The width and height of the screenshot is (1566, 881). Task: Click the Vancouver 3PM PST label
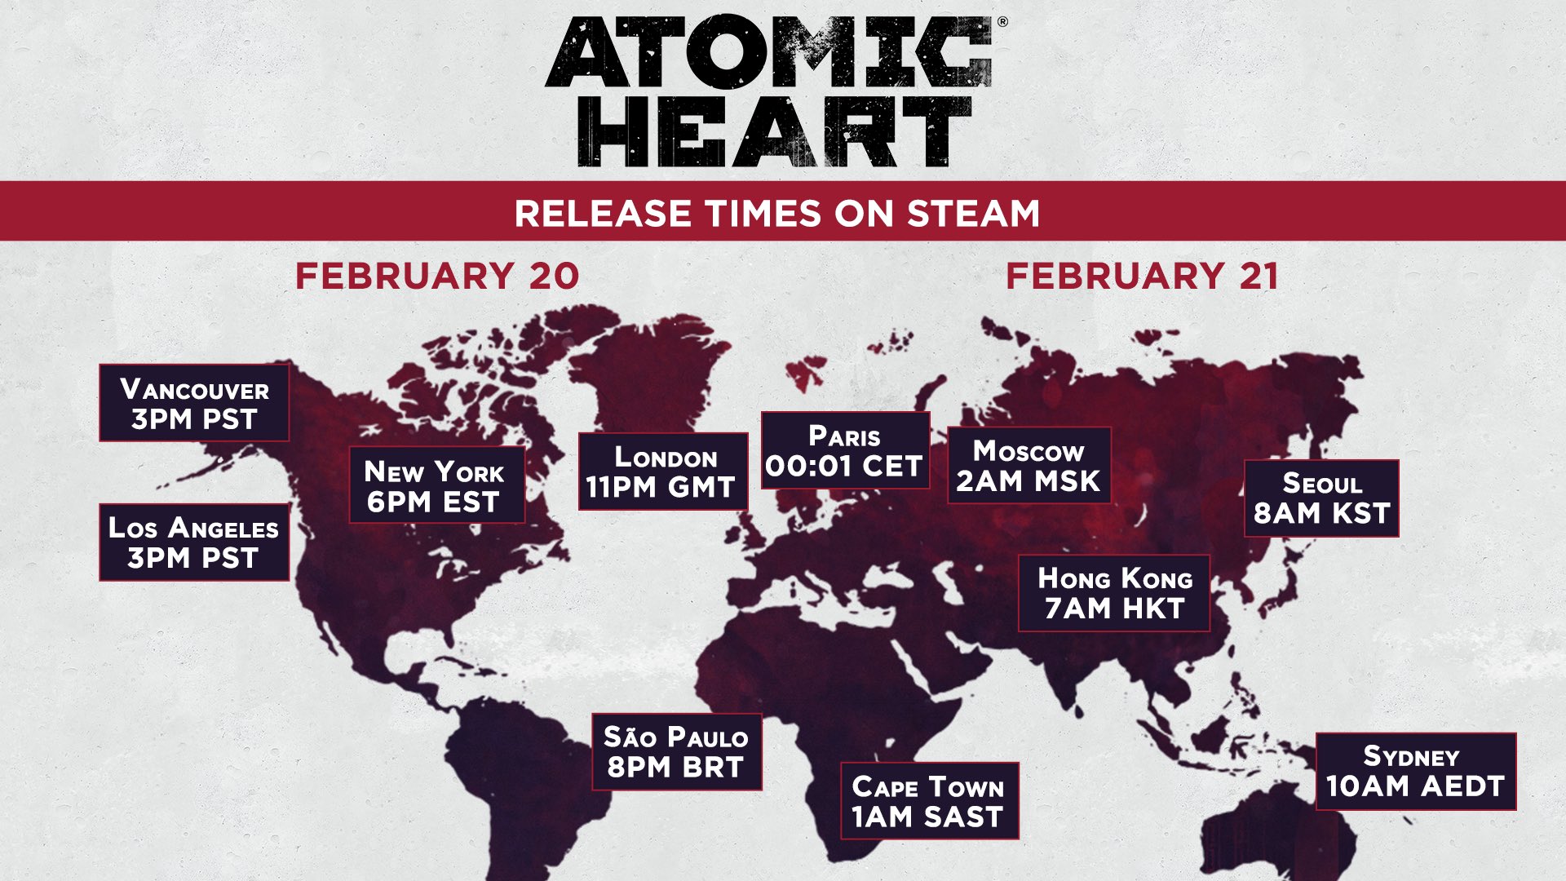(194, 403)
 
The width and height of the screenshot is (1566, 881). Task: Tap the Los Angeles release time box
(194, 542)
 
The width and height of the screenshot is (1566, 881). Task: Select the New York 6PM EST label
(436, 485)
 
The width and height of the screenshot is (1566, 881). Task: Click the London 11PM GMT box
(662, 471)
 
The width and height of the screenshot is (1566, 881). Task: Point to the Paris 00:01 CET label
(845, 450)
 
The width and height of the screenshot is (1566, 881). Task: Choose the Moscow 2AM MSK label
(1029, 465)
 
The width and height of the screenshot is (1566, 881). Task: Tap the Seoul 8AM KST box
(1321, 498)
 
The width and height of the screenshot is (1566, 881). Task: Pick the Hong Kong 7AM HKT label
(1114, 593)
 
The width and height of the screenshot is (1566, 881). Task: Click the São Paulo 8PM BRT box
(676, 752)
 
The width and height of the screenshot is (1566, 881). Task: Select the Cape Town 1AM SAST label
(929, 801)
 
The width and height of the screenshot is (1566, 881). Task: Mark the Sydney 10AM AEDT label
(1415, 772)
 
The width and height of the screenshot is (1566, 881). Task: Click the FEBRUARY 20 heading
(437, 277)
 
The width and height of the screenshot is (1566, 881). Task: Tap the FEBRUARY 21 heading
(1142, 277)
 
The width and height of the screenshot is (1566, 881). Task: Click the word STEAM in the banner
(973, 214)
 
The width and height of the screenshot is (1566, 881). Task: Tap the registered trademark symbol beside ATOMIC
(1002, 23)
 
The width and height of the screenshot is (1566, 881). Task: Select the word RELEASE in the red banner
(602, 214)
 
